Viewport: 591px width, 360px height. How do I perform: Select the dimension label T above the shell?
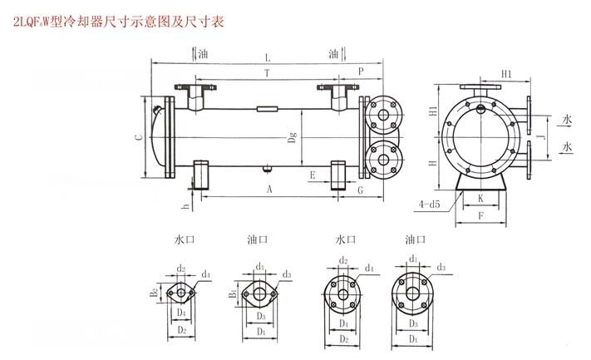(x=265, y=74)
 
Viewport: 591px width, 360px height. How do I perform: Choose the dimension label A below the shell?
(x=269, y=190)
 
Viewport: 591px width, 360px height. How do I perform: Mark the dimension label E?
(x=311, y=175)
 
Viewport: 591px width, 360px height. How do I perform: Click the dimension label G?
(x=359, y=190)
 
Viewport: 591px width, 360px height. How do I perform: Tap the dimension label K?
(x=480, y=199)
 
